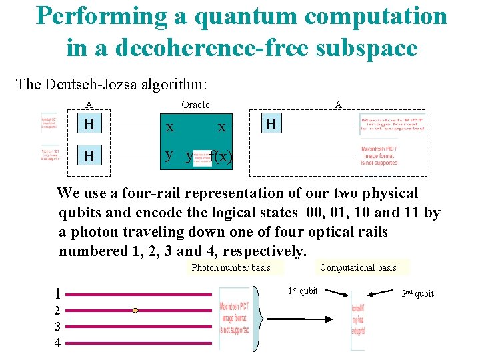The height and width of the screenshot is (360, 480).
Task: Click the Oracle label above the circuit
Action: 195,104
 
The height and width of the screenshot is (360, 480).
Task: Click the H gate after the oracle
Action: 270,124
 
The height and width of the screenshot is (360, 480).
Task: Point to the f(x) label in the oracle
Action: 221,157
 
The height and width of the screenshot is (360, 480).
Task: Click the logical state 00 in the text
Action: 318,213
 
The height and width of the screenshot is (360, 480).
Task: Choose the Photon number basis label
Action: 231,267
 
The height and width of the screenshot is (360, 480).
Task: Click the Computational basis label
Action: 358,267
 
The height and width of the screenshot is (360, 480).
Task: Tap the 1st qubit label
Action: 303,291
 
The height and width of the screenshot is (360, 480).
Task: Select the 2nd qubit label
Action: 417,293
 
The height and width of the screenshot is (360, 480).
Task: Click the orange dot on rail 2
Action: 135,310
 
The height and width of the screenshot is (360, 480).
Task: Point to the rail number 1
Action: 59,293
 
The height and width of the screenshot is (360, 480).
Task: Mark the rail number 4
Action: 58,343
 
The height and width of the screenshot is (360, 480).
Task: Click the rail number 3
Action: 58,327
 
